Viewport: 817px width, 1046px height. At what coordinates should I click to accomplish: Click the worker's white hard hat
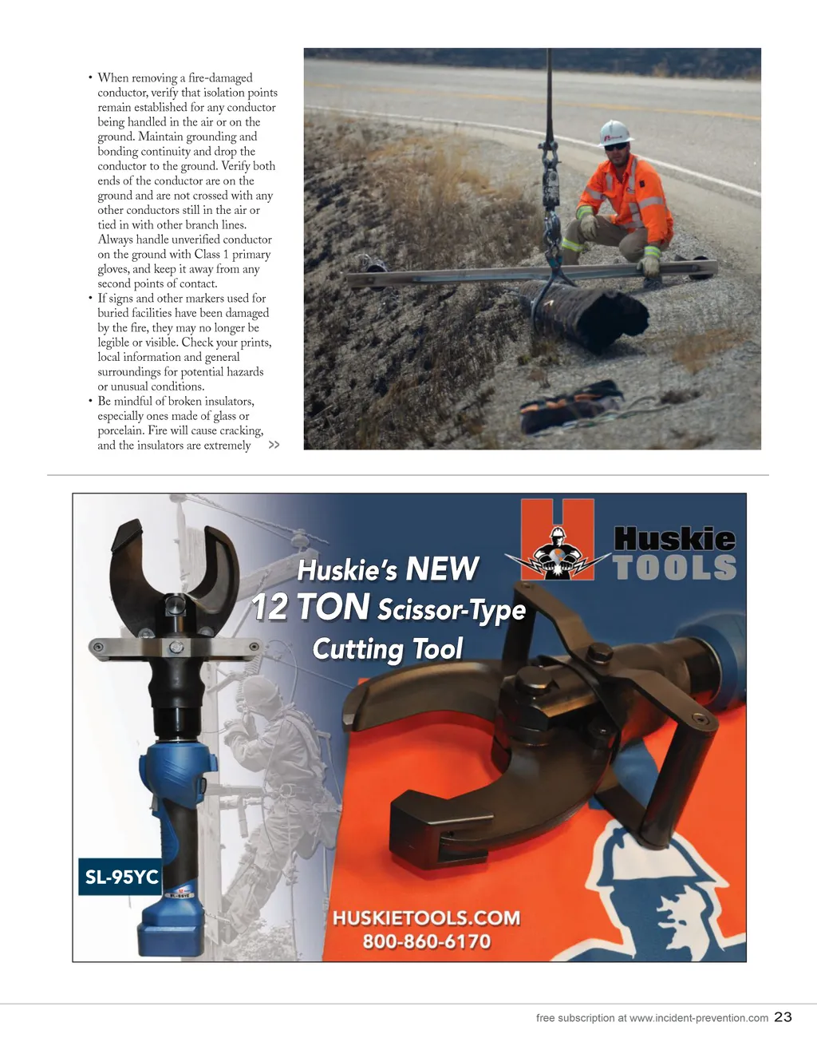coord(614,132)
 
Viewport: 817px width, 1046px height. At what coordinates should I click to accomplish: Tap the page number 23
coord(783,1016)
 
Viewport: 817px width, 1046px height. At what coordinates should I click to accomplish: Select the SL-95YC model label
coord(121,877)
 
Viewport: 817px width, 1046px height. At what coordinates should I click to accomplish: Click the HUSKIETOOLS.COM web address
coord(426,918)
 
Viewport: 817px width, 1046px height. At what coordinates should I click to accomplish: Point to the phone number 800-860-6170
coord(426,941)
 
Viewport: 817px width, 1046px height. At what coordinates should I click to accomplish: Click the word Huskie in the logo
coord(674,539)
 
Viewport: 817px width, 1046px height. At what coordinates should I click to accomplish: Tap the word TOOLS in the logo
coord(674,568)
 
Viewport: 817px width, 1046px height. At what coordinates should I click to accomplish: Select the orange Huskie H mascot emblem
coord(558,541)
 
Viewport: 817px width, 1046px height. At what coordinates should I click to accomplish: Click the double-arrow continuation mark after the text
coord(274,445)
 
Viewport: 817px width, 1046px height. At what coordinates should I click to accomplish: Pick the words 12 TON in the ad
coord(311,608)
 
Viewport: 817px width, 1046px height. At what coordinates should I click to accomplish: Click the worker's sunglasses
coord(615,147)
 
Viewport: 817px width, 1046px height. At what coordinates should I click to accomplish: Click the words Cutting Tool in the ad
coord(387,648)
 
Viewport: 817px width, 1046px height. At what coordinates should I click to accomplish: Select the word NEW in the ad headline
coord(441,569)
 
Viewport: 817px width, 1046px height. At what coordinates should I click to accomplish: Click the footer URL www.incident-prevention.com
coord(698,1018)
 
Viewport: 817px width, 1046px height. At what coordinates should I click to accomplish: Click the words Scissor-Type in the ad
coord(452,611)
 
